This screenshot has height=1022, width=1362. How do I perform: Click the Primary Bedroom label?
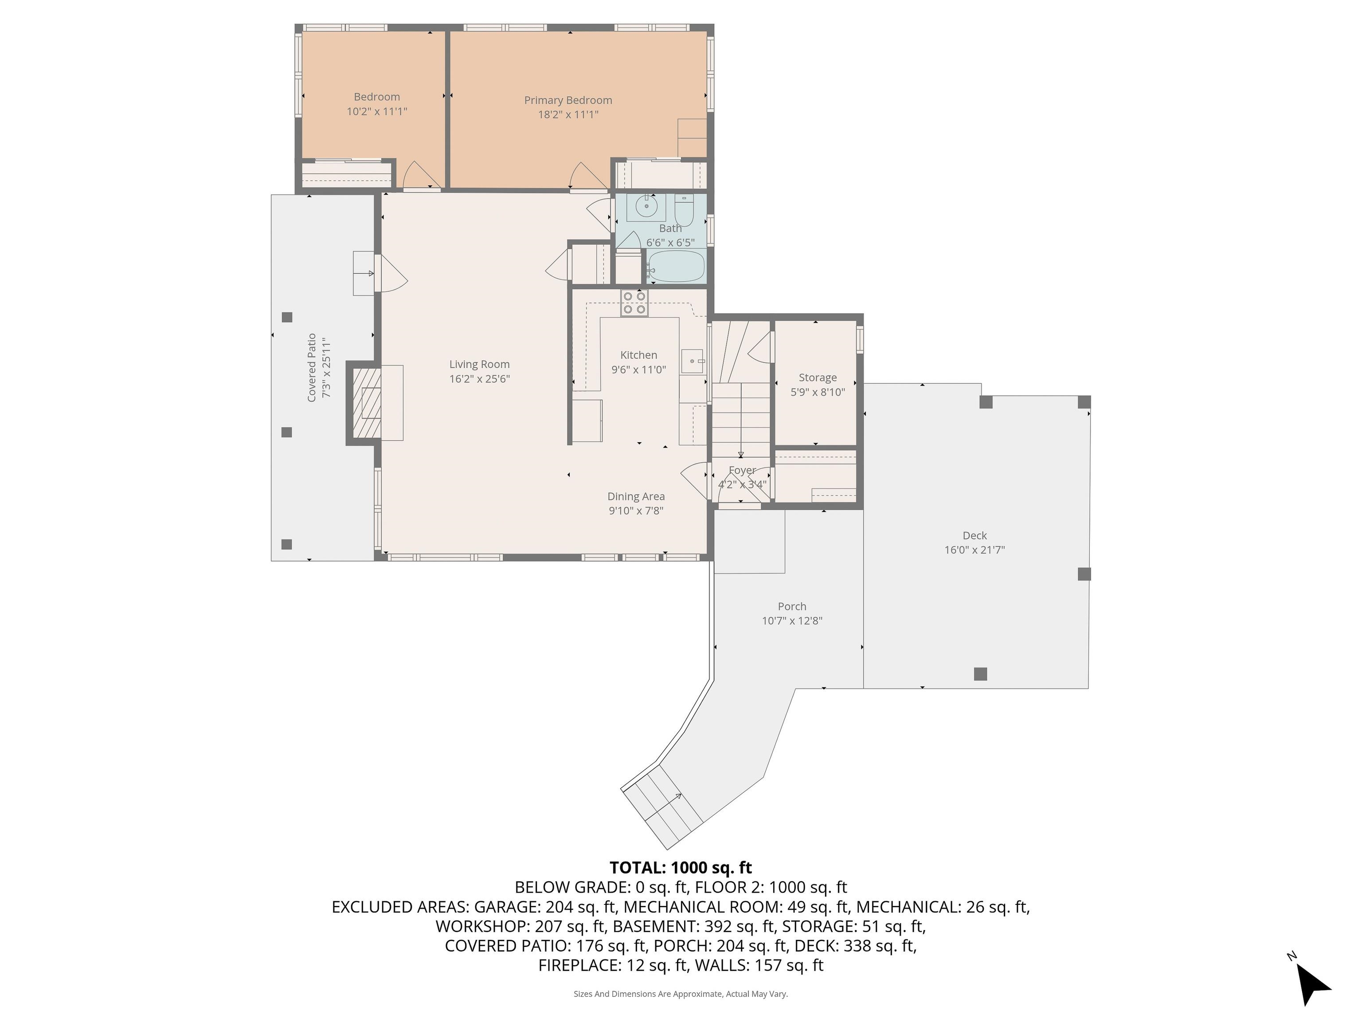coord(567,100)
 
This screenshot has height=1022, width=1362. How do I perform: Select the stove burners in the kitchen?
coord(634,303)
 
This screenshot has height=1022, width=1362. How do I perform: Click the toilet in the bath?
coord(684,211)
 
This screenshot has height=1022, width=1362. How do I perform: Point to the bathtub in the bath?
coord(676,266)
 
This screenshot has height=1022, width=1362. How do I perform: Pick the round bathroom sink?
coord(646,206)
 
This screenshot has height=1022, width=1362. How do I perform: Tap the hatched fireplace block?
coord(368,404)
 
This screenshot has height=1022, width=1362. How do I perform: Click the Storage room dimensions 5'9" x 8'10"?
coord(818,392)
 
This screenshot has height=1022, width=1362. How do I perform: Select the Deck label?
coord(975,535)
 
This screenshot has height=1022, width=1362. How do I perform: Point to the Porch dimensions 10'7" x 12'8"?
coord(792,621)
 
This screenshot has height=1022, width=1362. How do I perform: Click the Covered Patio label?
coord(312,368)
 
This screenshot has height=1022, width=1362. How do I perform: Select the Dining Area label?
coord(636,496)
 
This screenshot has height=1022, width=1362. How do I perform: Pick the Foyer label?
coord(742,470)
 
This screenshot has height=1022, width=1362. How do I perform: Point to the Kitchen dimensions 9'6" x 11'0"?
coord(638,369)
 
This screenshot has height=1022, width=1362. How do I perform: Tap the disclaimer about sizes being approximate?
coord(681,994)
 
